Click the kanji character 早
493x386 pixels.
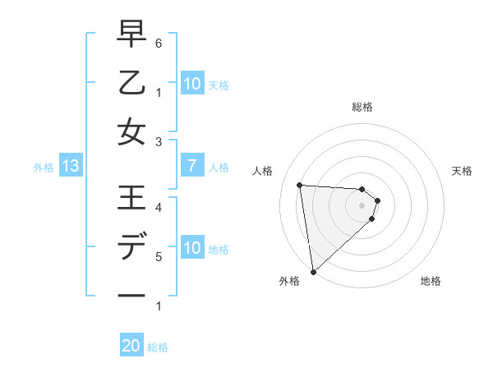pyautogui.click(x=131, y=34)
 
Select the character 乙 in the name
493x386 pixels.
pyautogui.click(x=131, y=83)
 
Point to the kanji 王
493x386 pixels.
pyautogui.click(x=131, y=199)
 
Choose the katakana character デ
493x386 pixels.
pyautogui.click(x=131, y=247)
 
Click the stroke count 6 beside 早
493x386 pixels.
pyautogui.click(x=159, y=42)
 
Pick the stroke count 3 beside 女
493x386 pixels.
pyautogui.click(x=159, y=141)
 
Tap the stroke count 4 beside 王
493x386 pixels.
pyautogui.click(x=159, y=207)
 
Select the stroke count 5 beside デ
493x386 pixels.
pyautogui.click(x=159, y=256)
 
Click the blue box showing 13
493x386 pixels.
pyautogui.click(x=70, y=167)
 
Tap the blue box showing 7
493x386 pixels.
pyautogui.click(x=191, y=167)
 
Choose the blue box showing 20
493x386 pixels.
pyautogui.click(x=131, y=346)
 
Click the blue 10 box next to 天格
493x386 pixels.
pyautogui.click(x=191, y=84)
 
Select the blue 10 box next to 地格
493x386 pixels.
pyautogui.click(x=191, y=248)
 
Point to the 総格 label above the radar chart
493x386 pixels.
pyautogui.click(x=362, y=107)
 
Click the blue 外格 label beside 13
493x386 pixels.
pyautogui.click(x=44, y=168)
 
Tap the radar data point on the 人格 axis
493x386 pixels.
pyautogui.click(x=300, y=185)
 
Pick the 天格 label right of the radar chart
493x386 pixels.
pyautogui.click(x=463, y=171)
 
